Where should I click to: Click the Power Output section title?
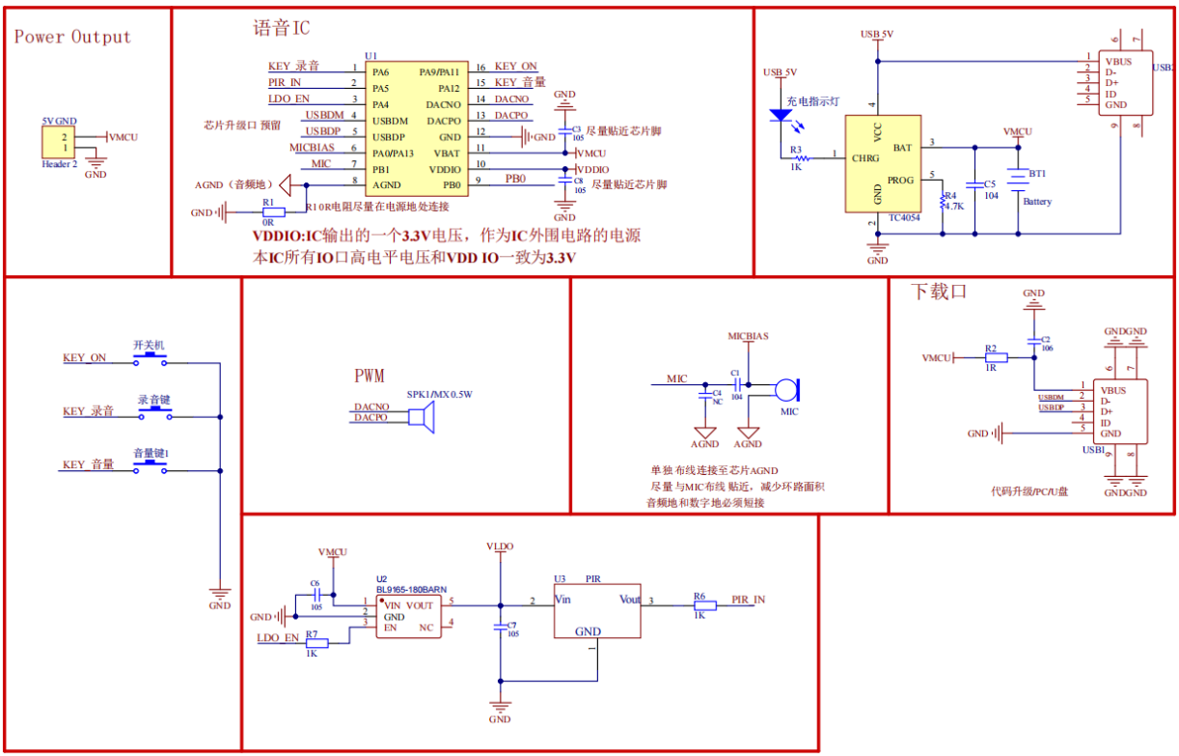[x=72, y=38]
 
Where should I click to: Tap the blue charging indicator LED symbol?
[x=780, y=116]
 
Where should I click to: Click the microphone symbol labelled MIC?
[x=787, y=389]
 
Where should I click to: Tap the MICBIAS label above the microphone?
[x=748, y=336]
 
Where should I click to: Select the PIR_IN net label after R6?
[x=748, y=600]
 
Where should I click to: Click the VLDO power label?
[x=500, y=546]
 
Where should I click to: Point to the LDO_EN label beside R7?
[x=276, y=638]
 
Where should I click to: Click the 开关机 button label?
[x=150, y=345]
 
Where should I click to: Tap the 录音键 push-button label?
[x=154, y=399]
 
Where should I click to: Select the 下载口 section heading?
[x=939, y=291]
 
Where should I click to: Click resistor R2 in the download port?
[x=996, y=357]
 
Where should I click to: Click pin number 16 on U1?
[x=480, y=68]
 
